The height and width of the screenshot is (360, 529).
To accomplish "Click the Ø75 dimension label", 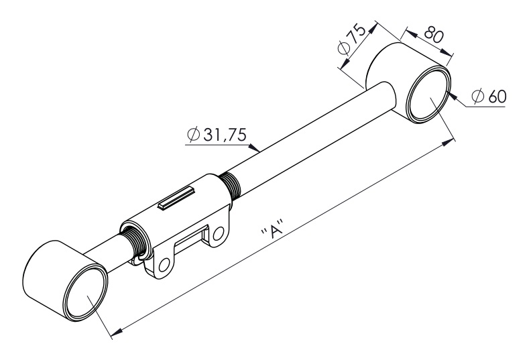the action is (x=351, y=39).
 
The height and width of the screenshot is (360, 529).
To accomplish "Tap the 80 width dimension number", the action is (x=433, y=34).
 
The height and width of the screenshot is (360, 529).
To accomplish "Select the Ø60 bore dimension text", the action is (x=489, y=97).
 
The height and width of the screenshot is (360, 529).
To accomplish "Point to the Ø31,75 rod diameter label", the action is (x=217, y=135).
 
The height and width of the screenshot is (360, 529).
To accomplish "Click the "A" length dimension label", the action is (x=272, y=229).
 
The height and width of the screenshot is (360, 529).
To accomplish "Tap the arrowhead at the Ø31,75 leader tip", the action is (x=254, y=147).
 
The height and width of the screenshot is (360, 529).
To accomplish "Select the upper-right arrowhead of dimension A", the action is (x=448, y=142).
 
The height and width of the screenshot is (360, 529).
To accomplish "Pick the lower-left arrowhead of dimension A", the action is (x=117, y=333).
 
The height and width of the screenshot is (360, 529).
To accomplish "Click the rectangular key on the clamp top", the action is (x=177, y=197).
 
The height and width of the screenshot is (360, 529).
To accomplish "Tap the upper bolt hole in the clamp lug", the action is (x=219, y=233).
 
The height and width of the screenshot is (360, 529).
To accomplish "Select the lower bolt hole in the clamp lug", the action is (x=164, y=265).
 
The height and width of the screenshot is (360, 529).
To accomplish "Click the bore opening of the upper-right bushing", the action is (x=428, y=95).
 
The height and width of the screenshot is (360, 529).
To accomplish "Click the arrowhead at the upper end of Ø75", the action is (x=372, y=28).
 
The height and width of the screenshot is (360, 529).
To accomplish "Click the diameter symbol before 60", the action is (x=479, y=97).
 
